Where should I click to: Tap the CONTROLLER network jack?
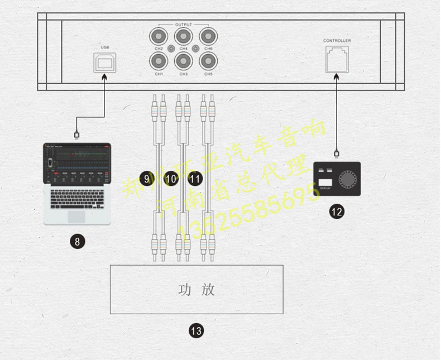(337, 58)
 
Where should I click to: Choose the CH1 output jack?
(159, 60)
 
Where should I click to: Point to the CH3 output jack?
(183, 60)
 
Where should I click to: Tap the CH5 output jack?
(208, 60)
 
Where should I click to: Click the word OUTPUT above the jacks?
(183, 25)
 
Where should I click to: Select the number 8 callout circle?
(78, 242)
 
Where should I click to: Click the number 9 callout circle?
(147, 179)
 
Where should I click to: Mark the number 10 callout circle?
(171, 179)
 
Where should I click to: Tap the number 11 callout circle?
(195, 179)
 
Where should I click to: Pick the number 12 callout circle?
(337, 212)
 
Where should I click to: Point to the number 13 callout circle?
(196, 331)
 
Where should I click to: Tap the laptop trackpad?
(76, 215)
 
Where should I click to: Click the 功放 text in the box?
(196, 290)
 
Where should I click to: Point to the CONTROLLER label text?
(337, 41)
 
